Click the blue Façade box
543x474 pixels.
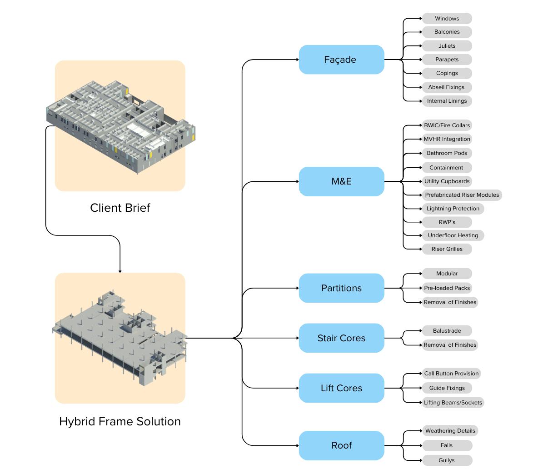[x=341, y=60]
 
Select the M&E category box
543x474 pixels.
[x=341, y=181]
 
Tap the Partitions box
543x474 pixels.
[x=341, y=288]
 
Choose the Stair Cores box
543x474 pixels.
[x=341, y=338]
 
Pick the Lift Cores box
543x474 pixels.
[x=341, y=388]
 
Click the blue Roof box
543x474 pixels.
[x=341, y=446]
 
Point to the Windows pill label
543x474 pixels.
[x=447, y=18]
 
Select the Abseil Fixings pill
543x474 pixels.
[x=447, y=87]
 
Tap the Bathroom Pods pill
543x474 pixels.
[x=447, y=153]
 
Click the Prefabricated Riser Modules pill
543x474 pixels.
[x=462, y=195]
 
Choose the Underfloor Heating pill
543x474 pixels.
[x=453, y=235]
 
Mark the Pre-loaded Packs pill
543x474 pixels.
[x=447, y=288]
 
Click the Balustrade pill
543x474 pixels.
[x=447, y=331]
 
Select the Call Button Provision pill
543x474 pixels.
[x=452, y=374]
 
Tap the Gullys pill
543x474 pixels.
[x=447, y=460]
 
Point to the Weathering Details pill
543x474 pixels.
[x=450, y=431]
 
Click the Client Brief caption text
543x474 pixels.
[x=120, y=208]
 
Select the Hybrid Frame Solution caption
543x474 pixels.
[x=120, y=421]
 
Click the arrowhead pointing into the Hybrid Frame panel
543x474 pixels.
[x=120, y=271]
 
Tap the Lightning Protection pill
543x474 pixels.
[x=453, y=209]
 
